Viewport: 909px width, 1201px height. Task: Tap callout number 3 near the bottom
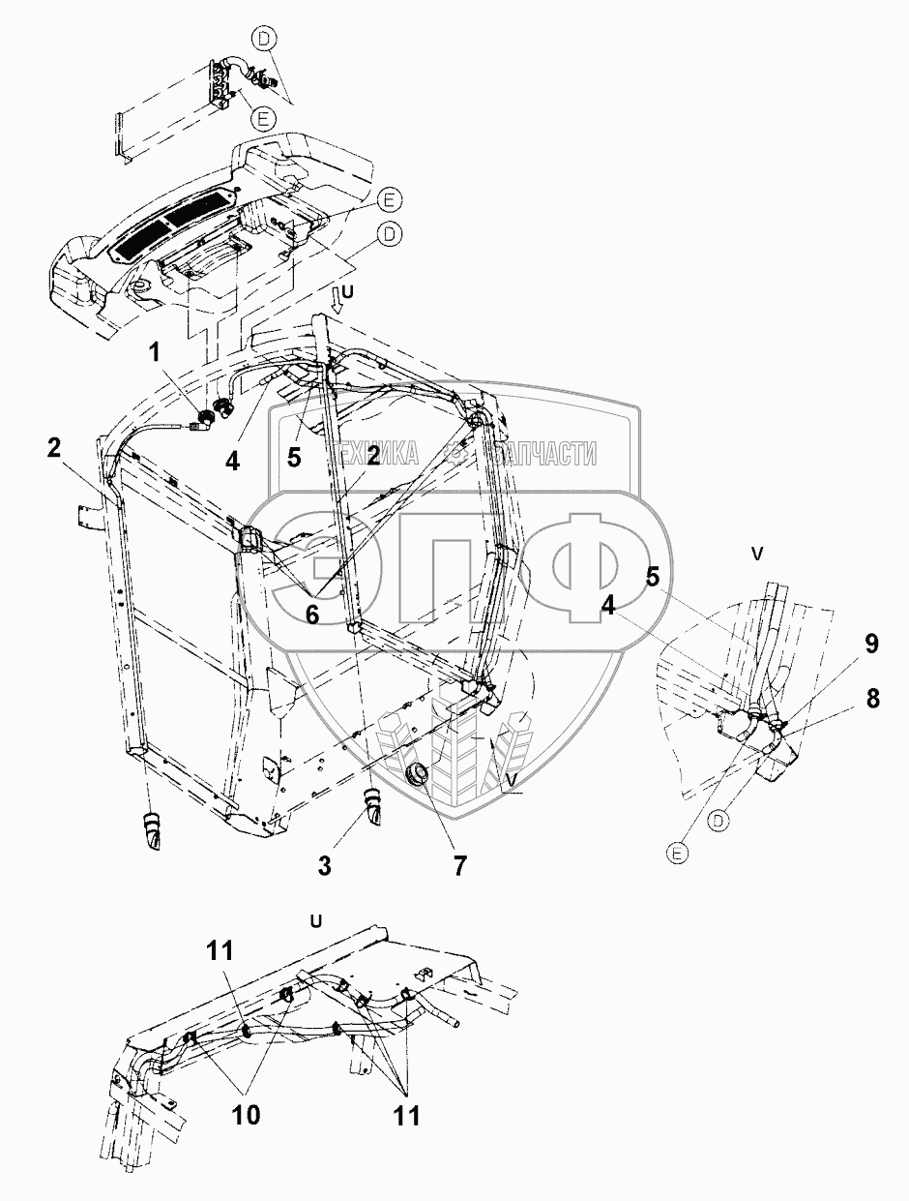pyautogui.click(x=325, y=864)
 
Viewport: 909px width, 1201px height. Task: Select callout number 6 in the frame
pyautogui.click(x=311, y=616)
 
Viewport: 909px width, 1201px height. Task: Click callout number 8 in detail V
pyautogui.click(x=872, y=698)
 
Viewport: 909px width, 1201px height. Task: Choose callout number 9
pyautogui.click(x=870, y=644)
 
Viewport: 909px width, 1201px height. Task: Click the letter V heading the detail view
pyautogui.click(x=757, y=554)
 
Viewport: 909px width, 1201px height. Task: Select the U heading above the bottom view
pyautogui.click(x=315, y=919)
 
